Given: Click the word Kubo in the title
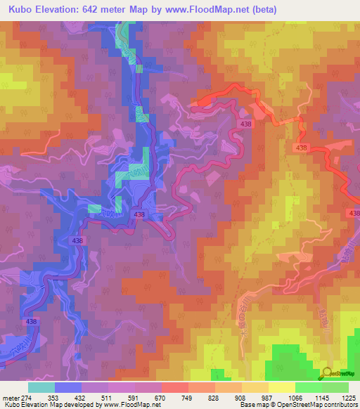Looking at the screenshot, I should pos(21,10).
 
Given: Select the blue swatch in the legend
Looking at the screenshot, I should pos(67,387).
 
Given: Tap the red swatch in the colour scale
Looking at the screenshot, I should pos(174,387).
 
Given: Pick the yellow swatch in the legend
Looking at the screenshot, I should pos(281,387).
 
